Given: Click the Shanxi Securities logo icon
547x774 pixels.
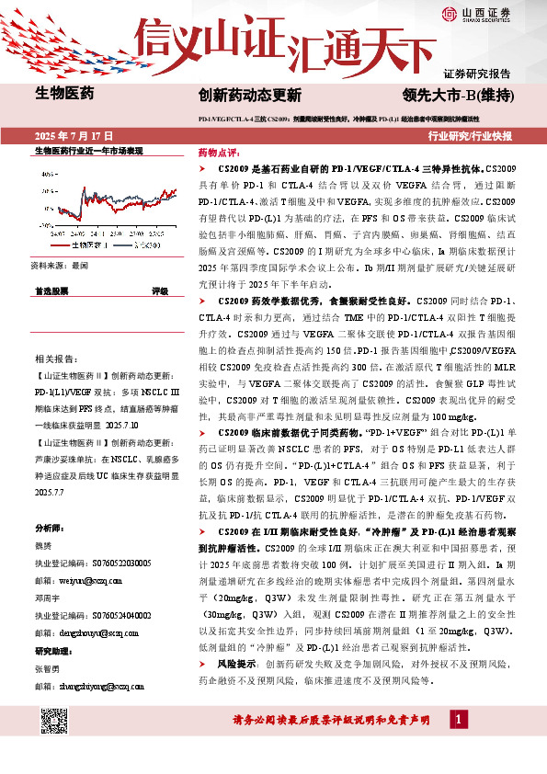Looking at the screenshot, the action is pyautogui.click(x=448, y=13).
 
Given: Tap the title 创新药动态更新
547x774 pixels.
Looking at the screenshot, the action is pyautogui.click(x=249, y=95).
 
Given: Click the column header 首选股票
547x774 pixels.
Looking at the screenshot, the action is pyautogui.click(x=51, y=290).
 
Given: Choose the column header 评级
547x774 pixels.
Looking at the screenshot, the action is pyautogui.click(x=159, y=290).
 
